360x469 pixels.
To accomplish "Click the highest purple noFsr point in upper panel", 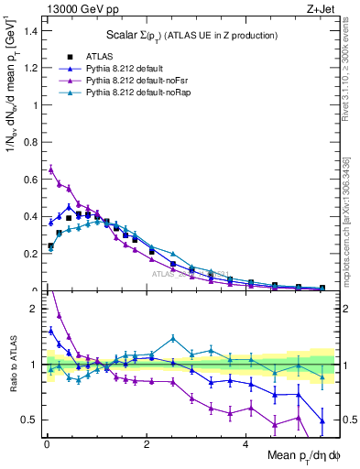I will coord(51,169).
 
